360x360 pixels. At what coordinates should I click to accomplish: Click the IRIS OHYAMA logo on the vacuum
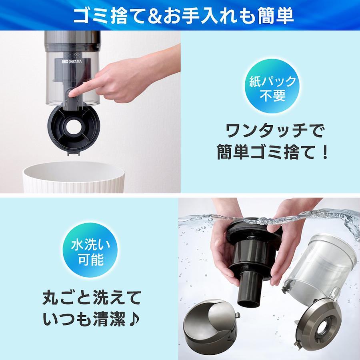[72, 62]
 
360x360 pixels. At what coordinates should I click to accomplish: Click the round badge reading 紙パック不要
[272, 86]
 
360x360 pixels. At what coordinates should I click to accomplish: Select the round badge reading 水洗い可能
[90, 250]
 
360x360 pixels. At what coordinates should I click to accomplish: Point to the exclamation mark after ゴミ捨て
[325, 152]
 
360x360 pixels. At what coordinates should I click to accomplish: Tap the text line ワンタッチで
[274, 131]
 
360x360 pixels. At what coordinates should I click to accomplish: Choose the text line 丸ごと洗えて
[92, 298]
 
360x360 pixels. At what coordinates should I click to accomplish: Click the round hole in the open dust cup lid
[74, 126]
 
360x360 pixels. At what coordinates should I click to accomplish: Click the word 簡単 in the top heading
[276, 16]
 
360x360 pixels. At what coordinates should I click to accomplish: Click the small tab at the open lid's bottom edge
[74, 152]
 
